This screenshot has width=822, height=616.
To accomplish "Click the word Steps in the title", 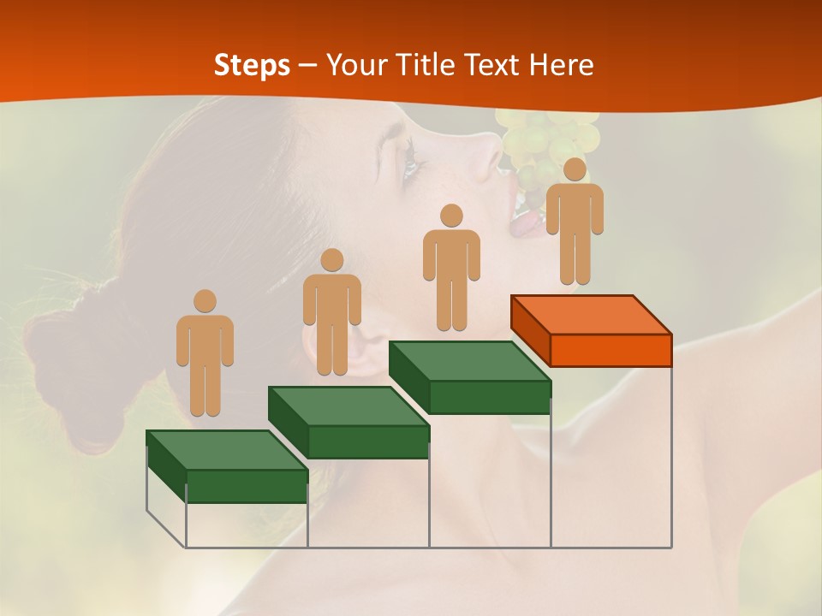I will tap(252, 65).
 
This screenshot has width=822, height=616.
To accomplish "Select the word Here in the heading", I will tap(561, 65).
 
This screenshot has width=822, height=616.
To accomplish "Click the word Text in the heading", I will tap(491, 65).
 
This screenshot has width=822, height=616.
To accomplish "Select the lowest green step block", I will tap(227, 466).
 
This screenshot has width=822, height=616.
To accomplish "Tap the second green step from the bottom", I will tap(348, 423).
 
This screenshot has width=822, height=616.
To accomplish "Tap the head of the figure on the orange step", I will tap(575, 169).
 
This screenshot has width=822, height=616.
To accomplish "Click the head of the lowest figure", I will tap(205, 301).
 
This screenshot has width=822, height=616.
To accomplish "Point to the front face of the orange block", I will tap(611, 351).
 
